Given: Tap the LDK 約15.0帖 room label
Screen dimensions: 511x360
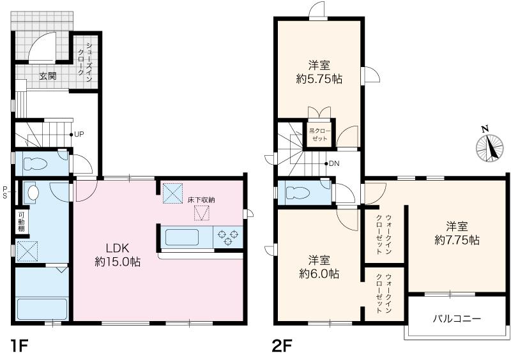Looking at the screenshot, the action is coord(118,255).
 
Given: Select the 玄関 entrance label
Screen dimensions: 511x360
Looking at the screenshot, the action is coord(48,76).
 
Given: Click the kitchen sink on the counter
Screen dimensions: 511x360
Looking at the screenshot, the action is coord(182,237).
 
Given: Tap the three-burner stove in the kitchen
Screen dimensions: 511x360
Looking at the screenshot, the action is coord(228,237).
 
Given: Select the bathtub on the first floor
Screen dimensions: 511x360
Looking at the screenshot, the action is coord(42,309).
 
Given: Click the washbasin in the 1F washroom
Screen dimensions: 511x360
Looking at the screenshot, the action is coord(33,193).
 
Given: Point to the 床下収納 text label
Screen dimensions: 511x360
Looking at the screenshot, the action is coord(201,200).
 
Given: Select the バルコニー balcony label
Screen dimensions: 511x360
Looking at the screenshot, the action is coord(457,319).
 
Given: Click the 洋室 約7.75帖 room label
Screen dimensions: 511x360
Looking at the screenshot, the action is coord(457,233).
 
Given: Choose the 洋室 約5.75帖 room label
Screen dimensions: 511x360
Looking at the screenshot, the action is coord(319,72).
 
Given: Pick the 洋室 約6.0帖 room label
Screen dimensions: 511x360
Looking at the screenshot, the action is coord(319,267).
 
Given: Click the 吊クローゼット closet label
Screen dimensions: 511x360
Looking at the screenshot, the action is coord(320,135).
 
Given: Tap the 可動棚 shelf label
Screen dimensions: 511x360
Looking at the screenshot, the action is coord(21,222).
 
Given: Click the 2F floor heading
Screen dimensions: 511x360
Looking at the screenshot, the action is coord(282,347).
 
